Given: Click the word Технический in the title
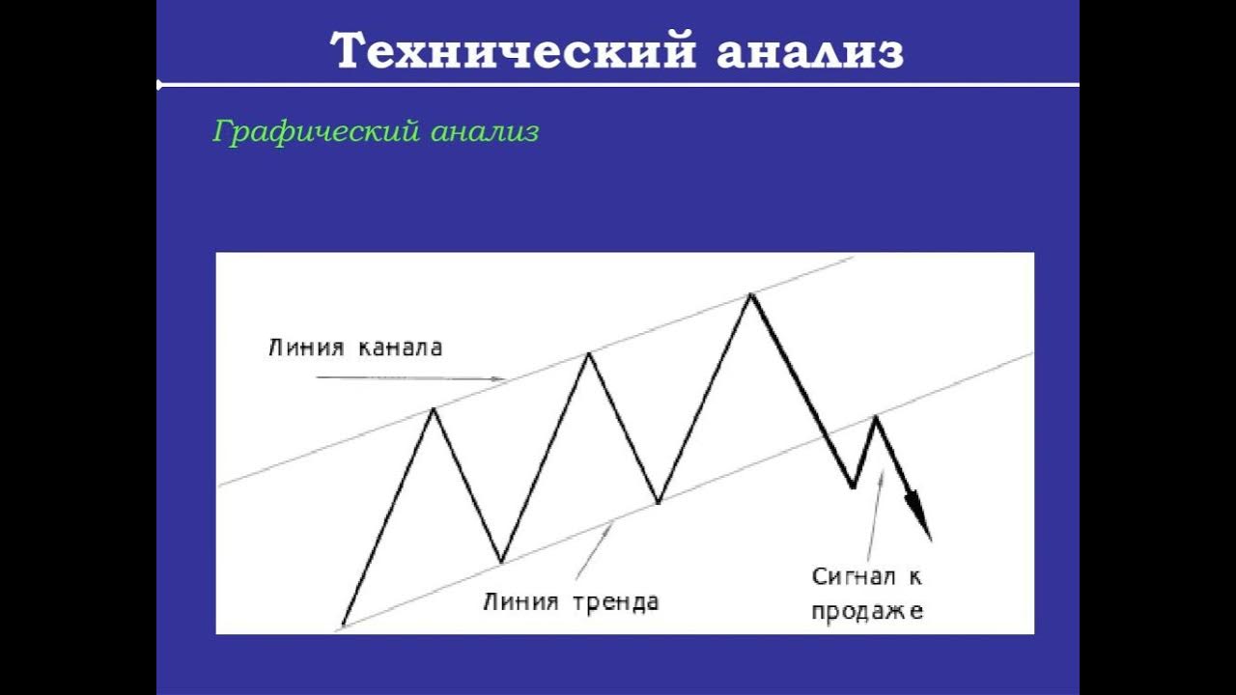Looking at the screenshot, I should point(512,50).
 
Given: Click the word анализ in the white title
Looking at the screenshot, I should point(809,50).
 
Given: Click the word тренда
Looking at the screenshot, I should point(615,602).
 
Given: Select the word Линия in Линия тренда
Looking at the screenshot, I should point(520,602).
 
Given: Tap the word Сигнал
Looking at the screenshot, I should point(856,577).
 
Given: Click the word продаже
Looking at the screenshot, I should point(867,610).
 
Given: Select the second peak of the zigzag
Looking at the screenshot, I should point(589,353).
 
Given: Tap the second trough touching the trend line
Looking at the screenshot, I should point(658,502).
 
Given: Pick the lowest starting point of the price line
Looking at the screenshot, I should point(343,625).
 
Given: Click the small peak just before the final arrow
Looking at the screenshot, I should point(876,416).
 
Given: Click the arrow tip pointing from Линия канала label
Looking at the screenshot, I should point(502,379).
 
